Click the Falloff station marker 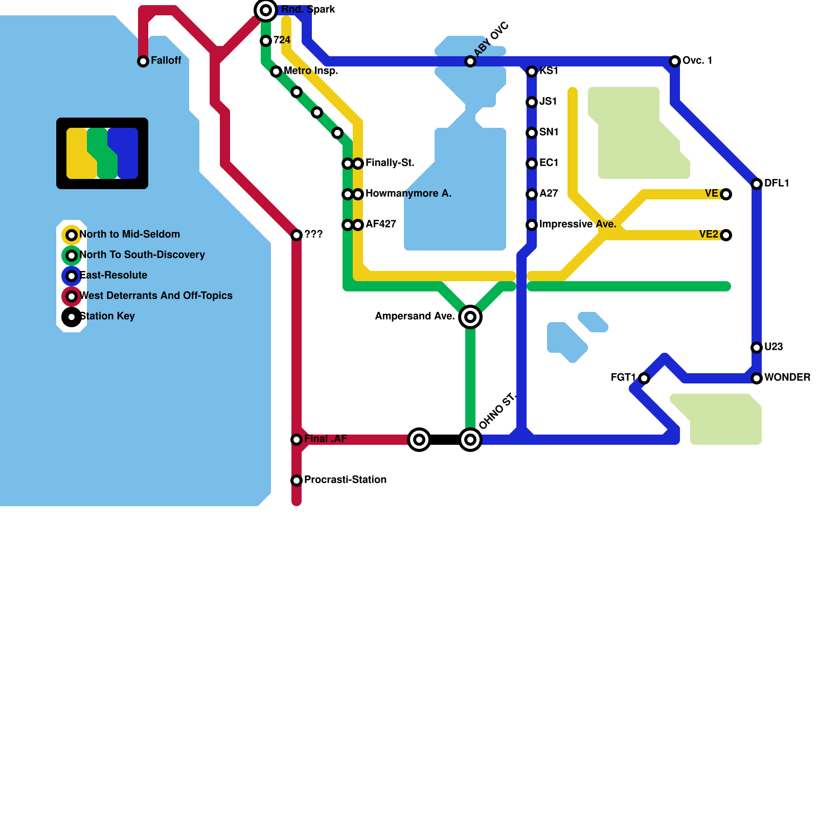click(143, 61)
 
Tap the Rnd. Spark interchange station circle click(266, 10)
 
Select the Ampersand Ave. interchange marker click(470, 317)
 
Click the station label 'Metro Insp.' click(311, 71)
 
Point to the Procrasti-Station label click(345, 480)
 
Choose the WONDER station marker click(757, 378)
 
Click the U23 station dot click(757, 348)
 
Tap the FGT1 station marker click(644, 378)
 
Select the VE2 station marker click(726, 235)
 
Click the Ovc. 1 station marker click(675, 61)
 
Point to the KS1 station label click(549, 71)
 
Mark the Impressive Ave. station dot click(532, 225)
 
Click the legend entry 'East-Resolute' click(113, 276)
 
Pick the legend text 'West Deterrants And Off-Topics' click(156, 296)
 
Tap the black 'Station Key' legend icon click(72, 317)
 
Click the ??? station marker click(297, 235)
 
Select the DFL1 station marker click(757, 184)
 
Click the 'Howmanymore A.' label click(408, 194)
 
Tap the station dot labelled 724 click(266, 41)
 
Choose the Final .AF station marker click(297, 440)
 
